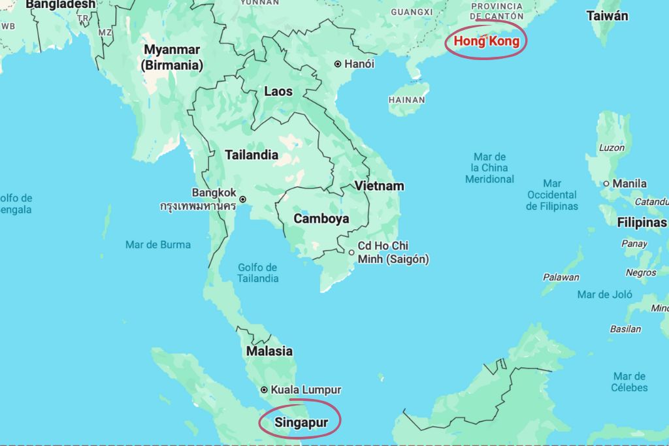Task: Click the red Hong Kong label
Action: (x=487, y=41)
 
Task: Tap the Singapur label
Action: (x=301, y=422)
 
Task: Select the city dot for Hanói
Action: (x=338, y=64)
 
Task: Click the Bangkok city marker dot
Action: (x=242, y=199)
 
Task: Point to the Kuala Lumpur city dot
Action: (x=264, y=390)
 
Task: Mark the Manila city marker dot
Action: (x=606, y=183)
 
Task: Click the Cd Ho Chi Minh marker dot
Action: (x=351, y=252)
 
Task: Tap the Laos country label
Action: (x=278, y=91)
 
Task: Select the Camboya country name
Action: (x=321, y=219)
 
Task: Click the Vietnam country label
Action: (x=379, y=186)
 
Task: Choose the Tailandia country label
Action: (x=252, y=155)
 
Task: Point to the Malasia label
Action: (x=269, y=351)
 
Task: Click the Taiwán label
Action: (x=607, y=16)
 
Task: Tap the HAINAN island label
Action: (x=406, y=100)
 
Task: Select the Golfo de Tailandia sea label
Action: (x=258, y=273)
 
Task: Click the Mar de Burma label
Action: (x=158, y=245)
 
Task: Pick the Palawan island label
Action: (x=561, y=277)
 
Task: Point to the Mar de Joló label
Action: (x=604, y=295)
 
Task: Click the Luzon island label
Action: (x=612, y=148)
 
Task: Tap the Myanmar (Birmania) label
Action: (x=172, y=57)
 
